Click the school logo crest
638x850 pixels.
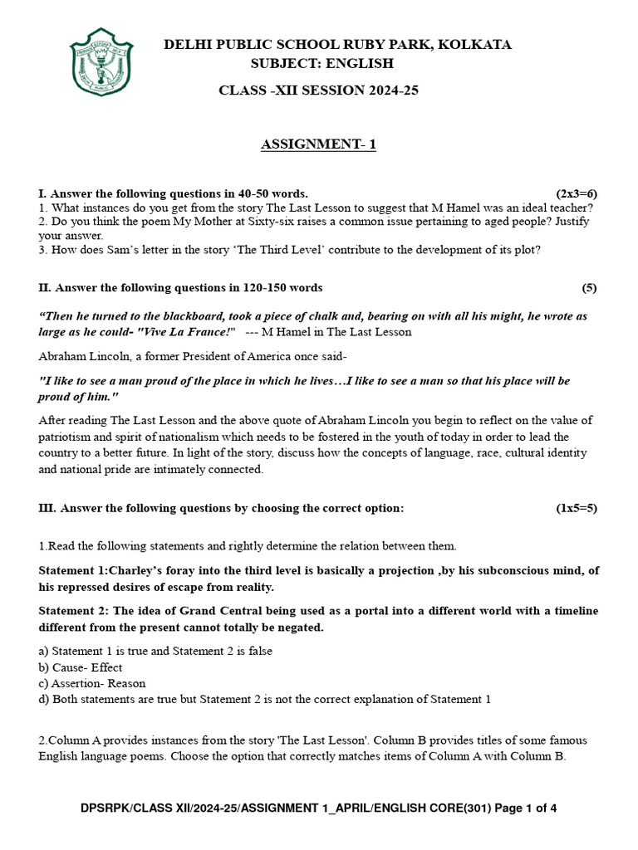click(x=101, y=63)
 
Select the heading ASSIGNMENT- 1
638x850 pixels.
click(x=319, y=144)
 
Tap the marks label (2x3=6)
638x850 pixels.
click(x=577, y=193)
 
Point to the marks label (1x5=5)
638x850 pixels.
click(x=577, y=508)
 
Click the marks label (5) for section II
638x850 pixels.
click(x=589, y=288)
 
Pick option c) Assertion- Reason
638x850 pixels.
click(x=92, y=683)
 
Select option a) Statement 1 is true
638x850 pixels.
click(x=155, y=651)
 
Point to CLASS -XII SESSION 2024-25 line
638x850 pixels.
click(x=318, y=90)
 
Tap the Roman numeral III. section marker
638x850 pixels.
click(x=47, y=508)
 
